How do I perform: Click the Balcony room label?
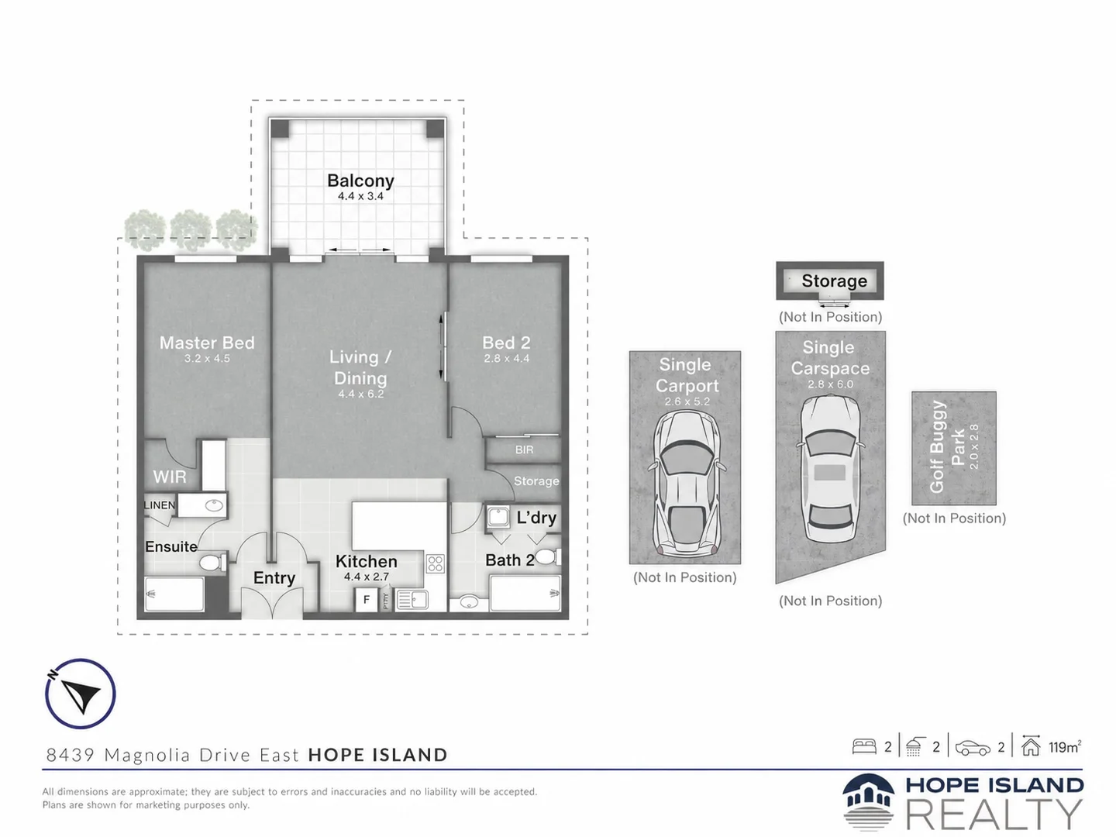click(x=360, y=181)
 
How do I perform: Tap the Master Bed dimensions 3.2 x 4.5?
click(x=207, y=358)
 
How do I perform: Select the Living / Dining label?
click(x=360, y=367)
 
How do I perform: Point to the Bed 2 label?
click(x=506, y=343)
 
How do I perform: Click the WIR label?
click(x=170, y=477)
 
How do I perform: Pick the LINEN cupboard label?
click(x=160, y=505)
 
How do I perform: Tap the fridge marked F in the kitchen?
click(x=366, y=600)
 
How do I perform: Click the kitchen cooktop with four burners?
click(x=436, y=563)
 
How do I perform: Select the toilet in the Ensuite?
click(x=212, y=563)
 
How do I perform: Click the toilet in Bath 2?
click(x=547, y=557)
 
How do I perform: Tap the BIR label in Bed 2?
click(x=524, y=449)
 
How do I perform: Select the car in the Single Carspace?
click(x=830, y=468)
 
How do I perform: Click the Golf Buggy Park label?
click(x=947, y=447)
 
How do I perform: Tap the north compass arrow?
click(x=81, y=694)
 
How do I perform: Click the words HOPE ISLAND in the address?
click(x=377, y=755)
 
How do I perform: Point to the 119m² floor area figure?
click(x=1065, y=747)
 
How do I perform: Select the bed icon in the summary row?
click(x=864, y=746)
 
